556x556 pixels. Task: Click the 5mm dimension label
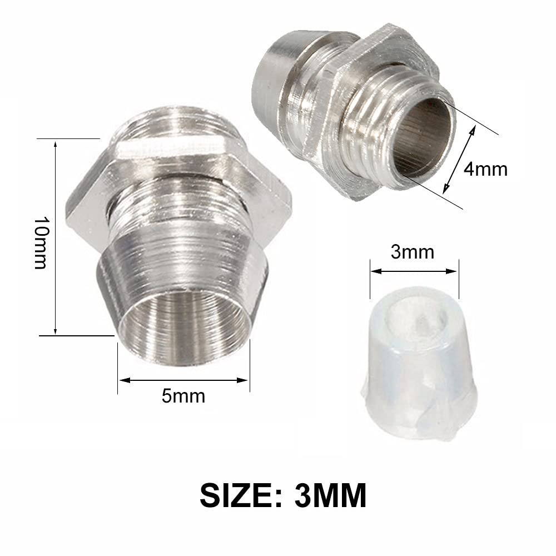(183, 396)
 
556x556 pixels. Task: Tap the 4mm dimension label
(485, 168)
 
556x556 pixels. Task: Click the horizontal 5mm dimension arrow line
(183, 380)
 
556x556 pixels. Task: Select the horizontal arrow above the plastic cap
(414, 271)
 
